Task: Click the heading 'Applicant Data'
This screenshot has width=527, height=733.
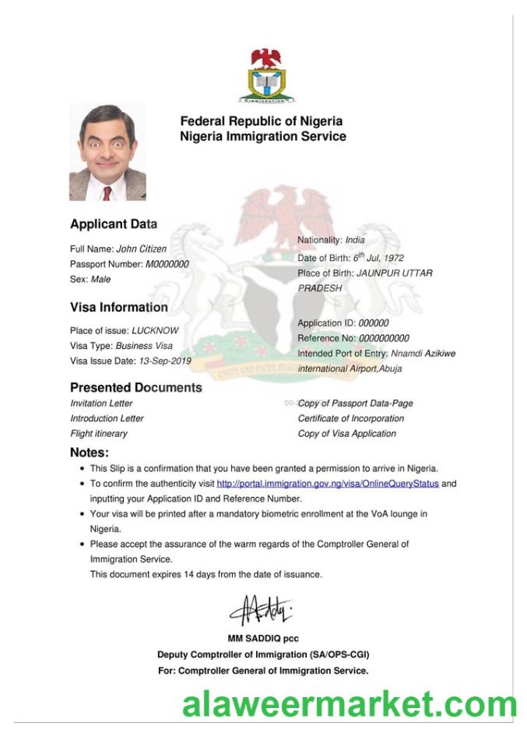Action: [113, 224]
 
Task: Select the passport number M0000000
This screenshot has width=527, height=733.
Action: [167, 264]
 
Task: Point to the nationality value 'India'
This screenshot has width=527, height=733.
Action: [354, 240]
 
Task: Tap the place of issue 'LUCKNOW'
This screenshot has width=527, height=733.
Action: [155, 330]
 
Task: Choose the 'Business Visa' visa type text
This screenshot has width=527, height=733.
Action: [144, 345]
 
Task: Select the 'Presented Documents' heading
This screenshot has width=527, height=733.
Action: [135, 387]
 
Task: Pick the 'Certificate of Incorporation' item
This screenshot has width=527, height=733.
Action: [350, 418]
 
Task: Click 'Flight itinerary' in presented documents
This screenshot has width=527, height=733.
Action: [98, 433]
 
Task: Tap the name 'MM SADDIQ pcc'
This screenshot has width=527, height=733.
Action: [262, 639]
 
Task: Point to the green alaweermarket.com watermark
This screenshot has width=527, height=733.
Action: [348, 705]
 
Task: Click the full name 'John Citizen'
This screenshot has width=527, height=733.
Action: [141, 249]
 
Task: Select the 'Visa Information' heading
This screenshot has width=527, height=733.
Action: [118, 307]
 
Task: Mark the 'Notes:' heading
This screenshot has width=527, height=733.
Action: [89, 452]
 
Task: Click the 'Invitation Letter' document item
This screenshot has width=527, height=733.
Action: [101, 404]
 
